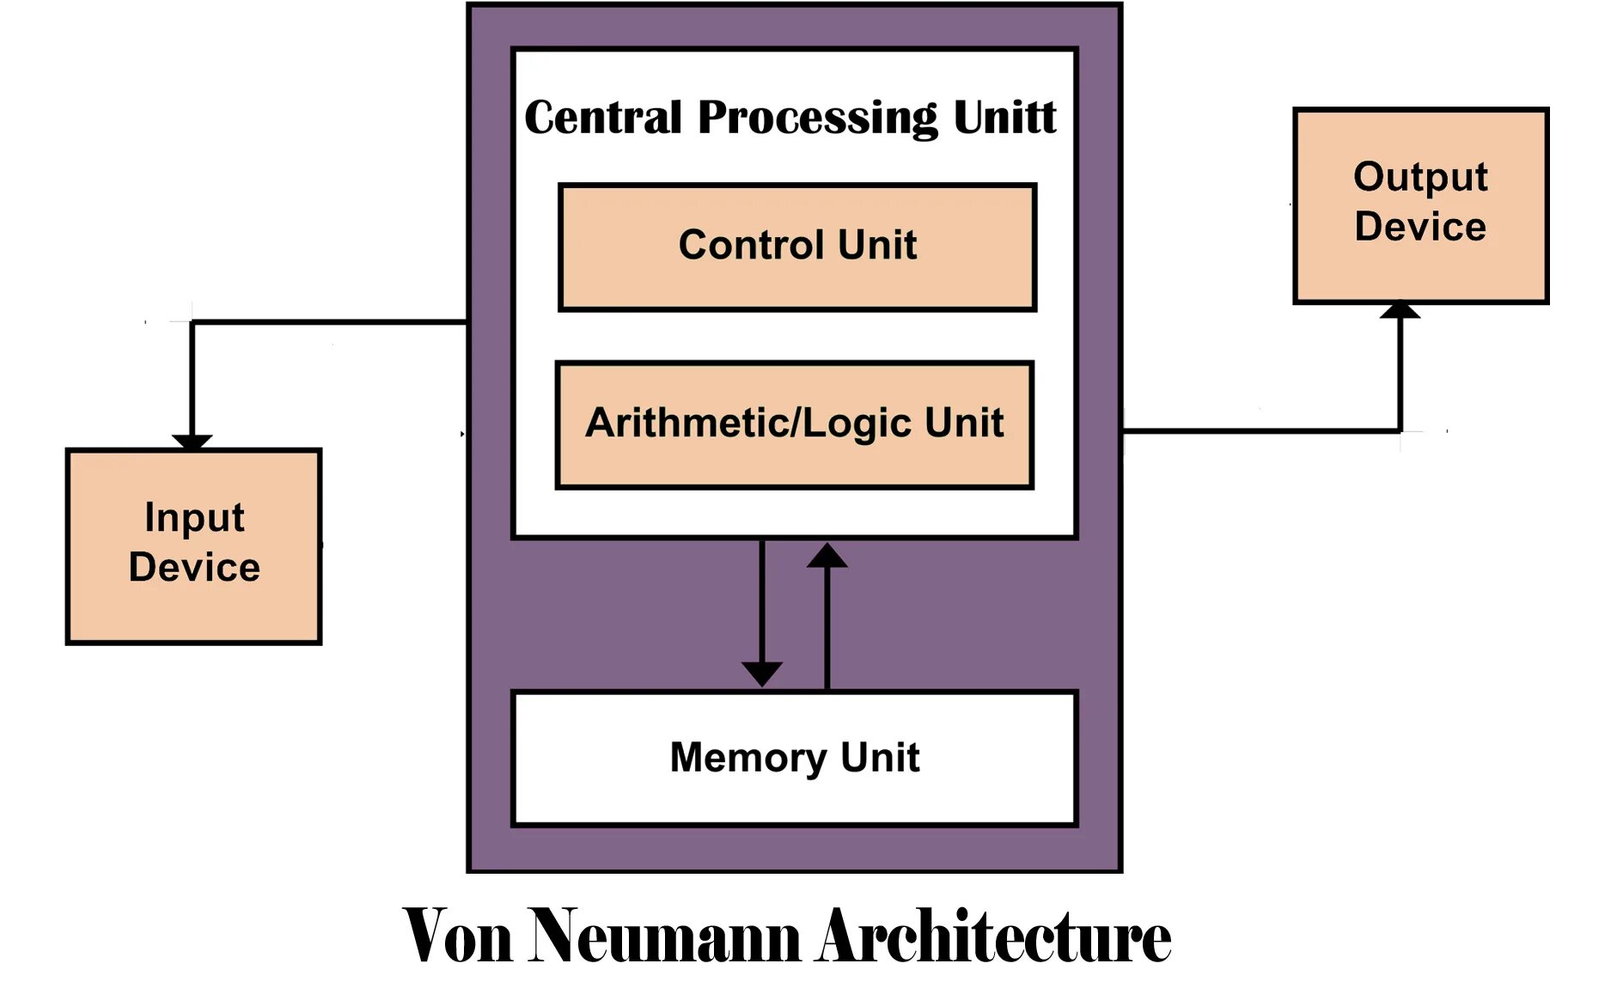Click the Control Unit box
click(x=796, y=247)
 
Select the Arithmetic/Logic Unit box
click(x=794, y=425)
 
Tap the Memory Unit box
click(x=794, y=758)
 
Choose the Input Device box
click(x=193, y=546)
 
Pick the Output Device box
click(x=1420, y=205)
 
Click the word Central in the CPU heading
click(x=603, y=117)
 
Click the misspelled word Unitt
click(x=1004, y=117)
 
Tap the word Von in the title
click(x=457, y=936)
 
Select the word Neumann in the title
click(x=665, y=936)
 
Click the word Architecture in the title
click(x=994, y=936)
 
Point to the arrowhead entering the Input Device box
click(x=192, y=442)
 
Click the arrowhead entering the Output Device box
click(x=1400, y=309)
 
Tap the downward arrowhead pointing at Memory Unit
click(x=762, y=673)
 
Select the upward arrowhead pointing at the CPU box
click(x=827, y=556)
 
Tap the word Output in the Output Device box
click(x=1420, y=177)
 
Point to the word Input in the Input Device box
click(x=194, y=517)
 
